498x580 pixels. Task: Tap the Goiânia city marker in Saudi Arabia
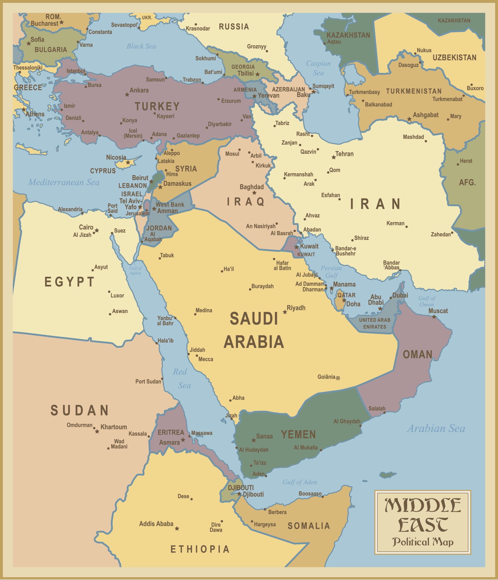pos(338,378)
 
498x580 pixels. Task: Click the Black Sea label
pos(141,46)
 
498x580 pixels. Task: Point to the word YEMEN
pos(298,435)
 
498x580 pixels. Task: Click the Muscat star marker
pos(434,317)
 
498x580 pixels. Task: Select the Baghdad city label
pos(251,187)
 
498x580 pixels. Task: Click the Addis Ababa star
pos(177,529)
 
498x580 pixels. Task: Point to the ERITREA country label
pos(171,433)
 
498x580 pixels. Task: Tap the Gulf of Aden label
pos(300,482)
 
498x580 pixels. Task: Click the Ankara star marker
pos(127,95)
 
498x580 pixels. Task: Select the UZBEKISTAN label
pos(454,58)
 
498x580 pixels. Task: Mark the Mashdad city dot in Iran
pos(426,141)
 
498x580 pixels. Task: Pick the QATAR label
pos(346,295)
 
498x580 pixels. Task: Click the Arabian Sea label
pos(436,429)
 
